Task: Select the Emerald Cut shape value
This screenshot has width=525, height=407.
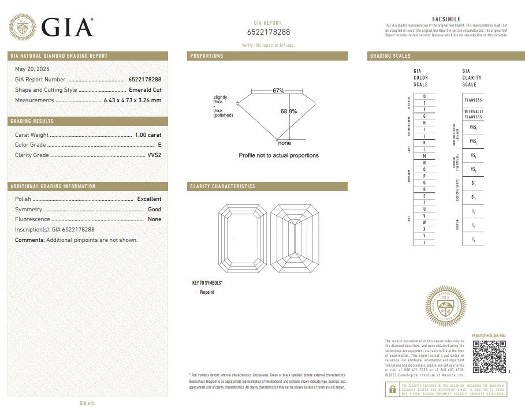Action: [144, 89]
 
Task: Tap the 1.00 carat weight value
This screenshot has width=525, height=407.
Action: [148, 135]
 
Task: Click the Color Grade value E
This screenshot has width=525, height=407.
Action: [159, 145]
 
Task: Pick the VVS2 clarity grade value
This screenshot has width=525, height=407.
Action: [153, 155]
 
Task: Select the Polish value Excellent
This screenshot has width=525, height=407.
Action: [149, 199]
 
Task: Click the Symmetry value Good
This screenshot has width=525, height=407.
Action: [154, 209]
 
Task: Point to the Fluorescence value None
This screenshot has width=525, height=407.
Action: [154, 219]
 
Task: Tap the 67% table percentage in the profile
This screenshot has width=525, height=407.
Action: [279, 91]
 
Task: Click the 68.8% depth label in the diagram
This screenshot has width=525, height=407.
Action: [289, 111]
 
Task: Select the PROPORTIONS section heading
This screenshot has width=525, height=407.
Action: [207, 56]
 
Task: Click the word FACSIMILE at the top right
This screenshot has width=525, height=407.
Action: [446, 19]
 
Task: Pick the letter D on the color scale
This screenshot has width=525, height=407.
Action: [425, 96]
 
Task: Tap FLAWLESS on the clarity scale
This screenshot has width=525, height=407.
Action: [473, 100]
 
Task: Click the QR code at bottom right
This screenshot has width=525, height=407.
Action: [489, 356]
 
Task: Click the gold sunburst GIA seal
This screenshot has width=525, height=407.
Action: [445, 306]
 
